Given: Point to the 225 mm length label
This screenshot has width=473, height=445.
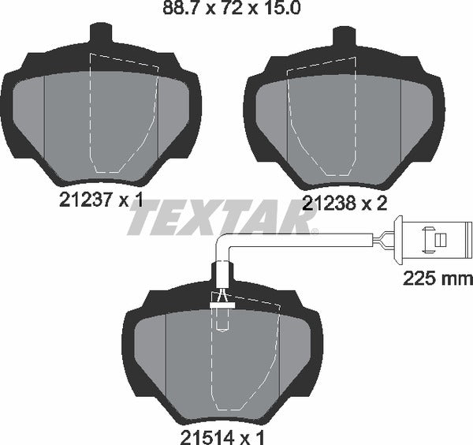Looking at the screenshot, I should [437, 278].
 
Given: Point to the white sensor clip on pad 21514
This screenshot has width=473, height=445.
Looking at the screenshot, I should [222, 298].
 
